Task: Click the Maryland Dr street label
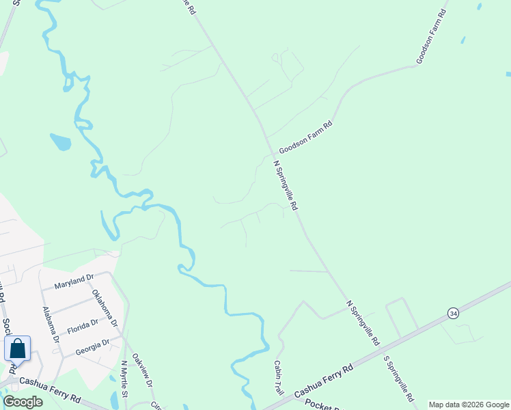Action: pos(74,280)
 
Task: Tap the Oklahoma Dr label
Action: pos(105,307)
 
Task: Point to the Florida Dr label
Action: pos(83,327)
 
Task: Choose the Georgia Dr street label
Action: pos(93,346)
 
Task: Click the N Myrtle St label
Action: pos(124,379)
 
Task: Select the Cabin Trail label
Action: pos(279,377)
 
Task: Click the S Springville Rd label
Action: pos(399,378)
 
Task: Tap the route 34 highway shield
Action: pos(453,313)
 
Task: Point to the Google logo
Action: pos(23,402)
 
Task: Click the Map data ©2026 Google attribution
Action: pos(469,405)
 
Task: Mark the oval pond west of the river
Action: pos(60,142)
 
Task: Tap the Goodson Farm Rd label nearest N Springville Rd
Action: pos(305,137)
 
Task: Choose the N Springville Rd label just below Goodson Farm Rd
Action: pos(286,185)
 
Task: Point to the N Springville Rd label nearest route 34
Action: pos(363,322)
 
